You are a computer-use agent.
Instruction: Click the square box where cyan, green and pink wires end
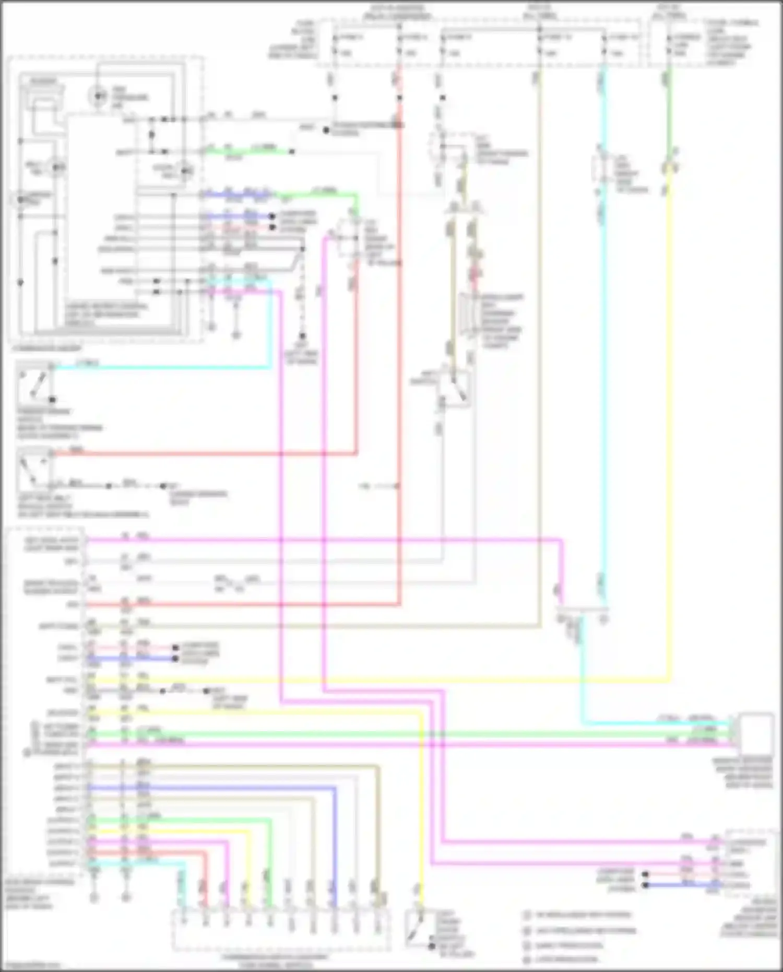[x=756, y=731]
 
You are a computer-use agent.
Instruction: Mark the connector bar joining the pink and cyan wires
[x=581, y=610]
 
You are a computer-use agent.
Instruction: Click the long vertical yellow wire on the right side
[x=669, y=418]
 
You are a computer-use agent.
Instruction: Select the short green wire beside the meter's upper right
[x=245, y=152]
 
